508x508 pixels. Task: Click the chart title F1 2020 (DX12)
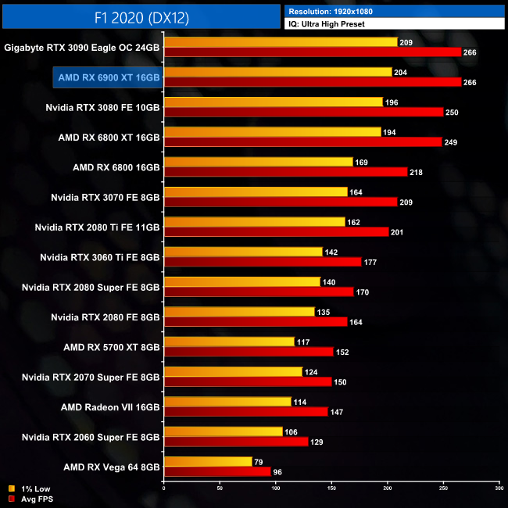pos(141,16)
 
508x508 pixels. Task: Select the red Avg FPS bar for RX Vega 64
pos(217,471)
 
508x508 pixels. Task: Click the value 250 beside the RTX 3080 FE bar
pos(453,113)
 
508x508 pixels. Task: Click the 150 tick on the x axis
pos(331,488)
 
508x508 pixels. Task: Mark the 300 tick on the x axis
pos(499,488)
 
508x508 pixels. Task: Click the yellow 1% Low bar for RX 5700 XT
pos(229,342)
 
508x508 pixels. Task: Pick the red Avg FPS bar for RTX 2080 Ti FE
pos(276,231)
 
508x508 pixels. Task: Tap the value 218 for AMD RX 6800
pos(417,172)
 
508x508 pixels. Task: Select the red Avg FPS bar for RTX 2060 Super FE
pos(236,442)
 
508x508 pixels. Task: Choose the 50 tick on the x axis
pos(220,488)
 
